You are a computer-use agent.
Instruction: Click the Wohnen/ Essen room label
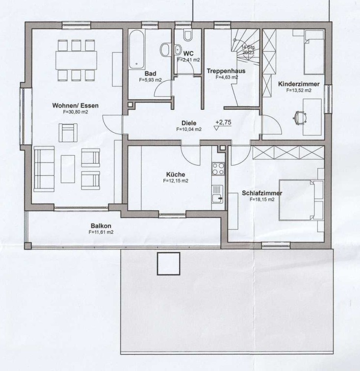click(x=76, y=105)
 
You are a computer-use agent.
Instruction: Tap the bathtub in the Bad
click(x=137, y=49)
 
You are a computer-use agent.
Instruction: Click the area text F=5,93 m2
click(x=150, y=80)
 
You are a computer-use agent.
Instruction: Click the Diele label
click(x=189, y=123)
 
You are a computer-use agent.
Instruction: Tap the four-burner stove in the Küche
click(x=218, y=169)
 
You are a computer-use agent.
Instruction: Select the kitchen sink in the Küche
click(x=217, y=194)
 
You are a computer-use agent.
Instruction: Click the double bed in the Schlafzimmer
click(x=301, y=200)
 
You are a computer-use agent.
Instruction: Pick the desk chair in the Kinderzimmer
click(x=300, y=117)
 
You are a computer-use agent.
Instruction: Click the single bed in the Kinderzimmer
click(x=314, y=52)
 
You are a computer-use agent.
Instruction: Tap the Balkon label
click(x=101, y=226)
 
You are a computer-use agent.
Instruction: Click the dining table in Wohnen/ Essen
click(x=76, y=60)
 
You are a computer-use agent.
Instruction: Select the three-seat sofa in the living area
click(x=44, y=169)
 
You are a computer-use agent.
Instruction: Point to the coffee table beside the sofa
click(x=68, y=169)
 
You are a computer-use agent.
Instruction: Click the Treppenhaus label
click(x=226, y=71)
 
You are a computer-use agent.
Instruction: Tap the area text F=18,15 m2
click(x=262, y=199)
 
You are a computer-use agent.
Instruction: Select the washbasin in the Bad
click(x=165, y=49)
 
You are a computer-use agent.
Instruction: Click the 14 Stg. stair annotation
click(x=248, y=47)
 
